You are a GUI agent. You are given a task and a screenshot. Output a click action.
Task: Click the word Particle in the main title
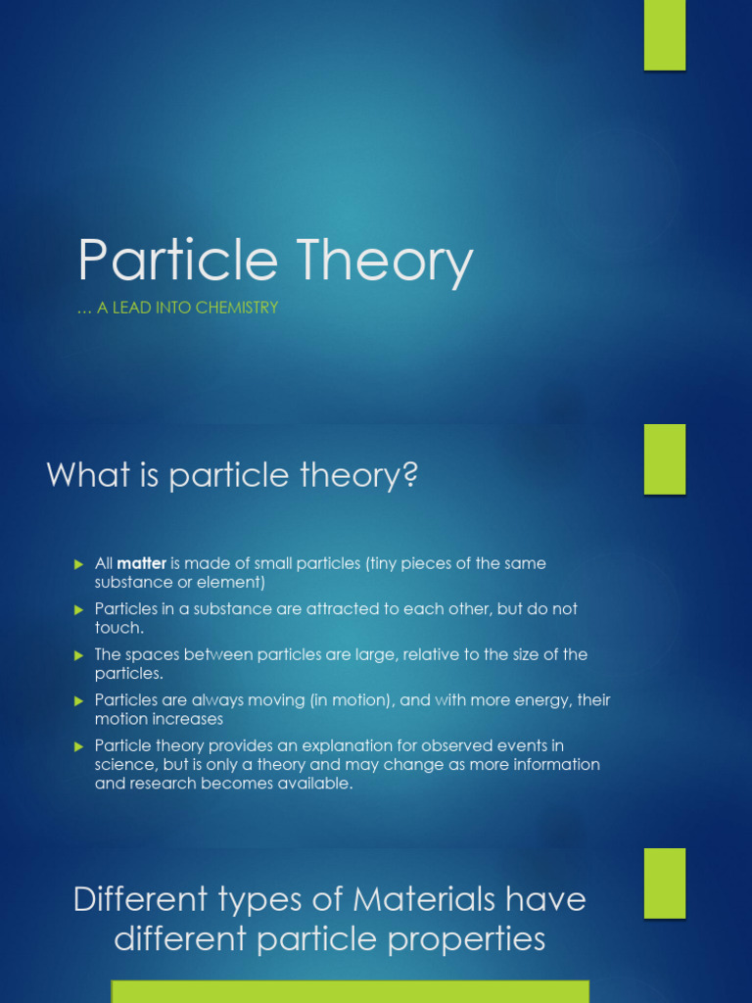[x=177, y=262]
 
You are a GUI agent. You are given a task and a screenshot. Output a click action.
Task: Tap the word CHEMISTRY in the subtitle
[x=236, y=308]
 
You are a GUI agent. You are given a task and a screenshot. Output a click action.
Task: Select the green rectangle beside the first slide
[x=664, y=35]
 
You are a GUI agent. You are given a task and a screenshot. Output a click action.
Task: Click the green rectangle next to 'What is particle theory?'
[x=664, y=459]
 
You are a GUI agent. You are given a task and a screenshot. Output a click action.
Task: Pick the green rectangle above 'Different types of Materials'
[x=664, y=884]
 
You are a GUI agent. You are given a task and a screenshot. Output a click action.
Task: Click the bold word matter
[x=142, y=563]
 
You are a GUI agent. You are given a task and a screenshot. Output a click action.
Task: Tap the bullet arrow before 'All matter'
[x=79, y=564]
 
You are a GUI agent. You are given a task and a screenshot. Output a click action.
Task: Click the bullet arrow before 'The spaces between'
[x=79, y=654]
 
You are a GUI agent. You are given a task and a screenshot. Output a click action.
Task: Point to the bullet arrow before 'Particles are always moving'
[x=79, y=700]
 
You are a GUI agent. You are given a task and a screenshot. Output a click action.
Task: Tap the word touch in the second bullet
[x=117, y=628]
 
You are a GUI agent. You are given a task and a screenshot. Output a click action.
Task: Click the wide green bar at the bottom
[x=351, y=991]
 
